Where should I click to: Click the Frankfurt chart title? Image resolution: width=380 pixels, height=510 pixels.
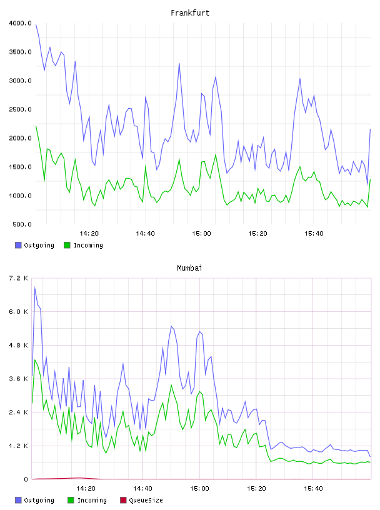click(x=190, y=13)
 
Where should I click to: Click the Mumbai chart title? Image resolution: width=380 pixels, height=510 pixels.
click(x=189, y=268)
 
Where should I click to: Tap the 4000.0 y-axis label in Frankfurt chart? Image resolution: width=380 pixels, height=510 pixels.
click(x=20, y=23)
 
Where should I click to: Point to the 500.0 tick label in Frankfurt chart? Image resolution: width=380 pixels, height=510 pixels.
click(x=22, y=224)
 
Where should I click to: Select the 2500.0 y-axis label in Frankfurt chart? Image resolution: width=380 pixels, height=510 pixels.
click(x=20, y=109)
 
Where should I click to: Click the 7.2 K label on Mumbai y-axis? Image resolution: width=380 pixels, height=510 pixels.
click(x=18, y=278)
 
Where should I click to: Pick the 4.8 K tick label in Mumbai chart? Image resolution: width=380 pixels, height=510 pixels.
click(x=18, y=346)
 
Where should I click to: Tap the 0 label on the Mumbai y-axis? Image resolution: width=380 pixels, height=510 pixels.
click(x=26, y=479)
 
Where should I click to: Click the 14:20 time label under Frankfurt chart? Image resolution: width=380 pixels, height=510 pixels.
click(x=89, y=234)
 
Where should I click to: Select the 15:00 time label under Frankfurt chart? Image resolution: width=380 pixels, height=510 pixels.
click(x=201, y=234)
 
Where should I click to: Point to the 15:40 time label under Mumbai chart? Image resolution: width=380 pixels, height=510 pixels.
click(x=313, y=489)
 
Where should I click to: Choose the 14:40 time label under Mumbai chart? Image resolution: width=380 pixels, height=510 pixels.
click(x=142, y=489)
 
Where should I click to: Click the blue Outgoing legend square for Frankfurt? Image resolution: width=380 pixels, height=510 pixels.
click(x=18, y=245)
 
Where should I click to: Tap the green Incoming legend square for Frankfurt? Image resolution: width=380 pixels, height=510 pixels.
click(x=67, y=245)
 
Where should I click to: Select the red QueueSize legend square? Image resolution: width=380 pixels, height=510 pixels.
click(x=123, y=500)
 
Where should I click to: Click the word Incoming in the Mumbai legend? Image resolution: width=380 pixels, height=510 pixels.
click(x=92, y=501)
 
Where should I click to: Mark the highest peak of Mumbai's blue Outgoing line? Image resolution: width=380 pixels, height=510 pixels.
click(x=35, y=287)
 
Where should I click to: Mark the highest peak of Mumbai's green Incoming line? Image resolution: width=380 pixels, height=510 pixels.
click(x=35, y=360)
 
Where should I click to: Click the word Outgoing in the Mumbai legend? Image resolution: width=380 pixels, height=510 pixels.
click(x=39, y=501)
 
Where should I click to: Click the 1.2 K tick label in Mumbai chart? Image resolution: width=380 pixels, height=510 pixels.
click(x=18, y=446)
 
